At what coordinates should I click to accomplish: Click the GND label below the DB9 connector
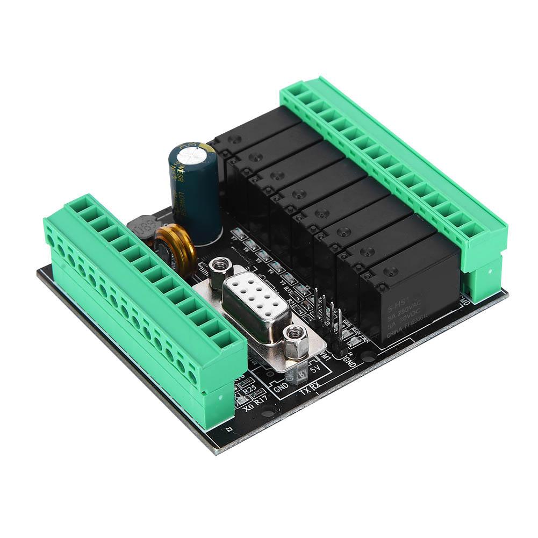(281, 386)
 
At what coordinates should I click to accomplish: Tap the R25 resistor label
(248, 391)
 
